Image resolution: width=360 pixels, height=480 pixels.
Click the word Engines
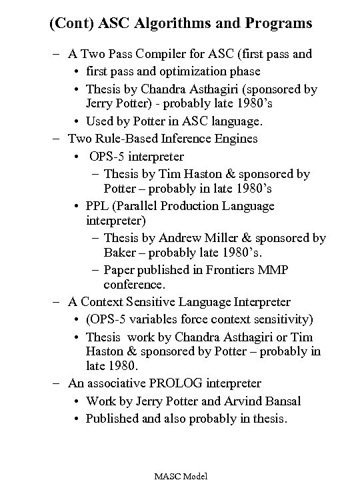coord(235,139)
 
